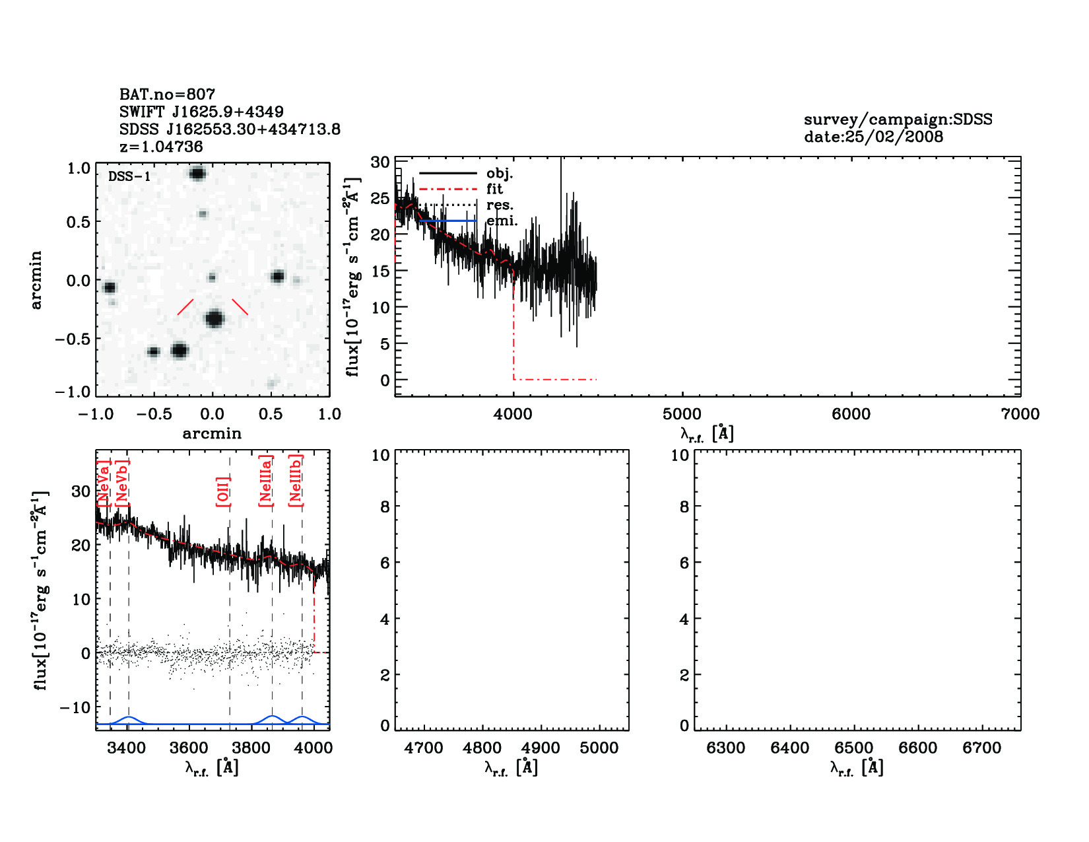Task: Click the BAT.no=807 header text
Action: pos(167,94)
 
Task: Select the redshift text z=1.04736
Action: pos(161,147)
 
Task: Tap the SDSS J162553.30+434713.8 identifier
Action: pos(230,129)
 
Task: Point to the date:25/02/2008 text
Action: pos(873,137)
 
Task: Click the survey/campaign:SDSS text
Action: pos(898,120)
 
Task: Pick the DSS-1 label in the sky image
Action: pos(129,176)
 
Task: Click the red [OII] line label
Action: pos(223,491)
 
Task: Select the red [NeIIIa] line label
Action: pos(265,480)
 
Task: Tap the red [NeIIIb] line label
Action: pos(296,480)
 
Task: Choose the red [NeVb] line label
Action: pos(122,482)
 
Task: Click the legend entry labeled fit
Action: pos(494,189)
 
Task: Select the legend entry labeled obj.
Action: pos(499,173)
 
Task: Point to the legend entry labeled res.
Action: pos(500,205)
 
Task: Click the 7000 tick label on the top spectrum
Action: pos(1020,414)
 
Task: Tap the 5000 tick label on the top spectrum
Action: pos(682,414)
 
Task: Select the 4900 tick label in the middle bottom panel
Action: pos(541,748)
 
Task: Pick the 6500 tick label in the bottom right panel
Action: pos(854,748)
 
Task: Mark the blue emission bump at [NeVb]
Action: pos(129,718)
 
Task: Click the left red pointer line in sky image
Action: pos(185,306)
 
